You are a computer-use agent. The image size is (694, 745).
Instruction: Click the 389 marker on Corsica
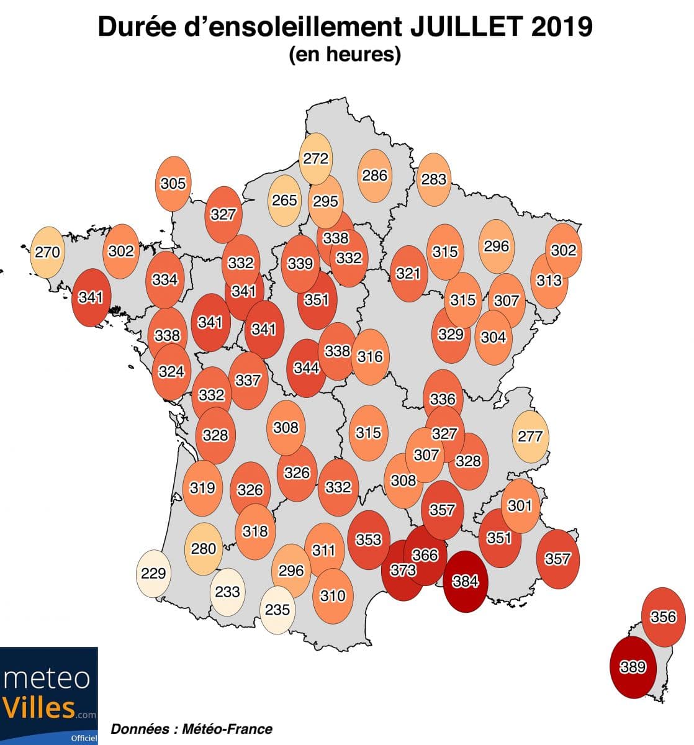tap(633, 667)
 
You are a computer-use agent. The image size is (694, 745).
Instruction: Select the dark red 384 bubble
tap(466, 581)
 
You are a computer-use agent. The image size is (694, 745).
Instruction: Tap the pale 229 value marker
tap(153, 572)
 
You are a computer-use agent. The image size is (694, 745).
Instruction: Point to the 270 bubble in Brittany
tap(47, 252)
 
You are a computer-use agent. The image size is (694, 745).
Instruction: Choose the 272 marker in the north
tap(315, 158)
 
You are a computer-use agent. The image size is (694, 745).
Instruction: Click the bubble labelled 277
tap(530, 436)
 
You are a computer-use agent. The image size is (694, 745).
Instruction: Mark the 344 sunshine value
tap(306, 368)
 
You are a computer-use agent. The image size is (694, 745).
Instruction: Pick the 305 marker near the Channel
tap(173, 184)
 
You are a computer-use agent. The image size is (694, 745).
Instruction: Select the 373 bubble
tap(402, 570)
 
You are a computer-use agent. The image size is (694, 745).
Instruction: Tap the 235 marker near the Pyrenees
tap(277, 610)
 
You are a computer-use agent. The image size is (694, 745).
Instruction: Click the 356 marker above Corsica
tap(663, 616)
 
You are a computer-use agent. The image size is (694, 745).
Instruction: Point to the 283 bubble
tap(434, 179)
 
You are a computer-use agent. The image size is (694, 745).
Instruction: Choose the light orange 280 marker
tap(204, 548)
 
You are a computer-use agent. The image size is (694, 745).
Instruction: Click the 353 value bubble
tap(368, 540)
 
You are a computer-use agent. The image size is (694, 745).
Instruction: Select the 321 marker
tap(408, 273)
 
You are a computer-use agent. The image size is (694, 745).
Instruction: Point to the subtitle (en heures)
tap(345, 55)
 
